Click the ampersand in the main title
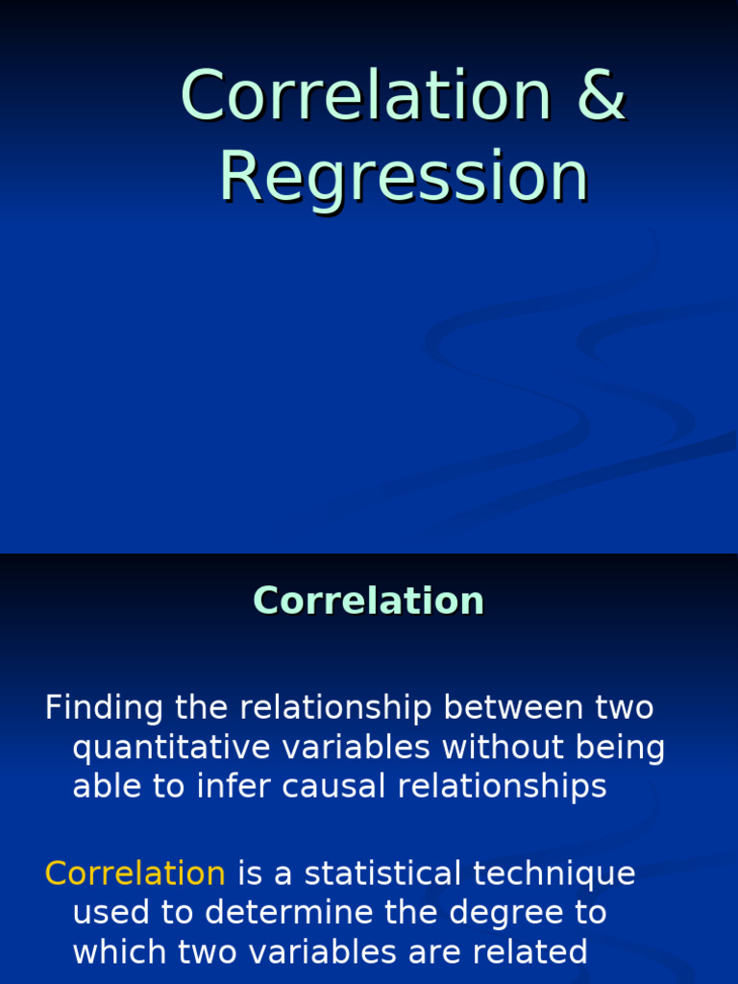[603, 95]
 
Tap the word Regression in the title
[404, 177]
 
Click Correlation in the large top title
[366, 95]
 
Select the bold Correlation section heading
[368, 601]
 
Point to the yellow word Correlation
[135, 873]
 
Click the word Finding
[105, 708]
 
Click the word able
[103, 787]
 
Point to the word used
[106, 913]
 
